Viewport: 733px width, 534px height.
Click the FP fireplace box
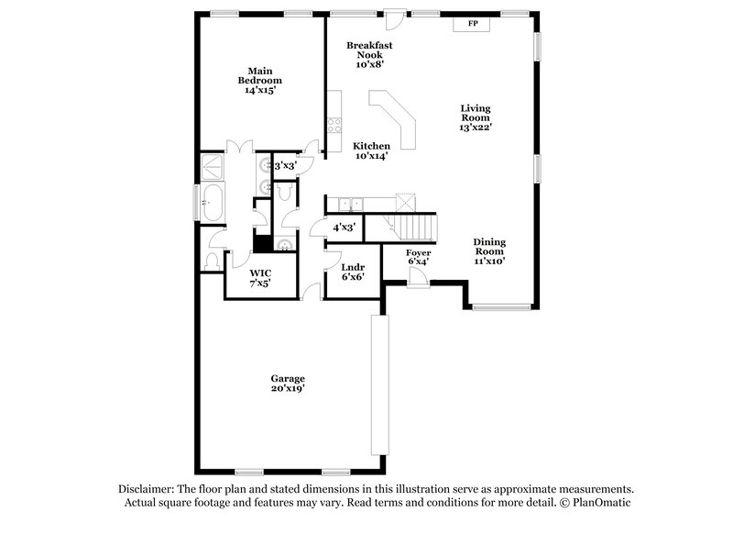click(473, 24)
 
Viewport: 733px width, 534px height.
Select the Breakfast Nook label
click(370, 54)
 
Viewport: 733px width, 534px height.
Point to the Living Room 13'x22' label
click(476, 117)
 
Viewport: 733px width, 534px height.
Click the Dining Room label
click(489, 251)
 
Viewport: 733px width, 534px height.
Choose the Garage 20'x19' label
click(287, 383)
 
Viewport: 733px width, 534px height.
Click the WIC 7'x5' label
click(260, 278)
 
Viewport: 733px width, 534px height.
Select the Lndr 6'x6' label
click(352, 273)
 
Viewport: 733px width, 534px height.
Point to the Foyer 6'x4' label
click(418, 256)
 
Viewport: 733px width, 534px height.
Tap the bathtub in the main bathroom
click(213, 202)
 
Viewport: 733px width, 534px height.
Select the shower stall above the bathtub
click(213, 166)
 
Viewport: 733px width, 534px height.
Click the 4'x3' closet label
click(344, 227)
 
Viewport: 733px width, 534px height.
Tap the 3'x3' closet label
click(285, 166)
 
